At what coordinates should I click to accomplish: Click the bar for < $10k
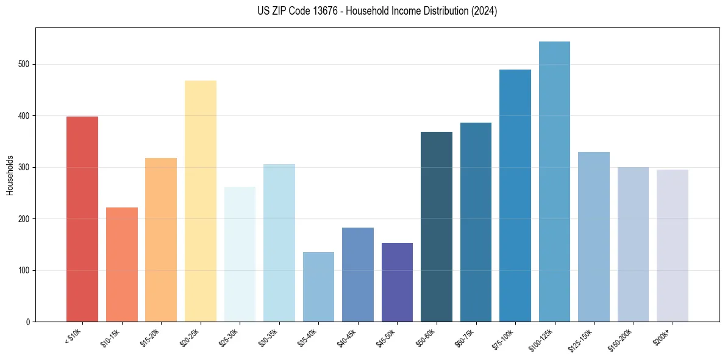tap(82, 219)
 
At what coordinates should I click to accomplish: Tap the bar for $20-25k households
tap(200, 201)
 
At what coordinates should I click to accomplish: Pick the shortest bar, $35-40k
tap(318, 287)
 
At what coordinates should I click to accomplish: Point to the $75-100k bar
tap(515, 196)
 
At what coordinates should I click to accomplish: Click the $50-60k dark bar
tap(437, 226)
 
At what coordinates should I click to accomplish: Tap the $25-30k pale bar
tap(240, 254)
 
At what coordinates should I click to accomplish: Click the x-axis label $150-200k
tap(620, 339)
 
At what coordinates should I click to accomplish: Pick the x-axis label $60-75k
tap(465, 337)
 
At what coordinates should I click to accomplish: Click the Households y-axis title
tap(10, 175)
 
